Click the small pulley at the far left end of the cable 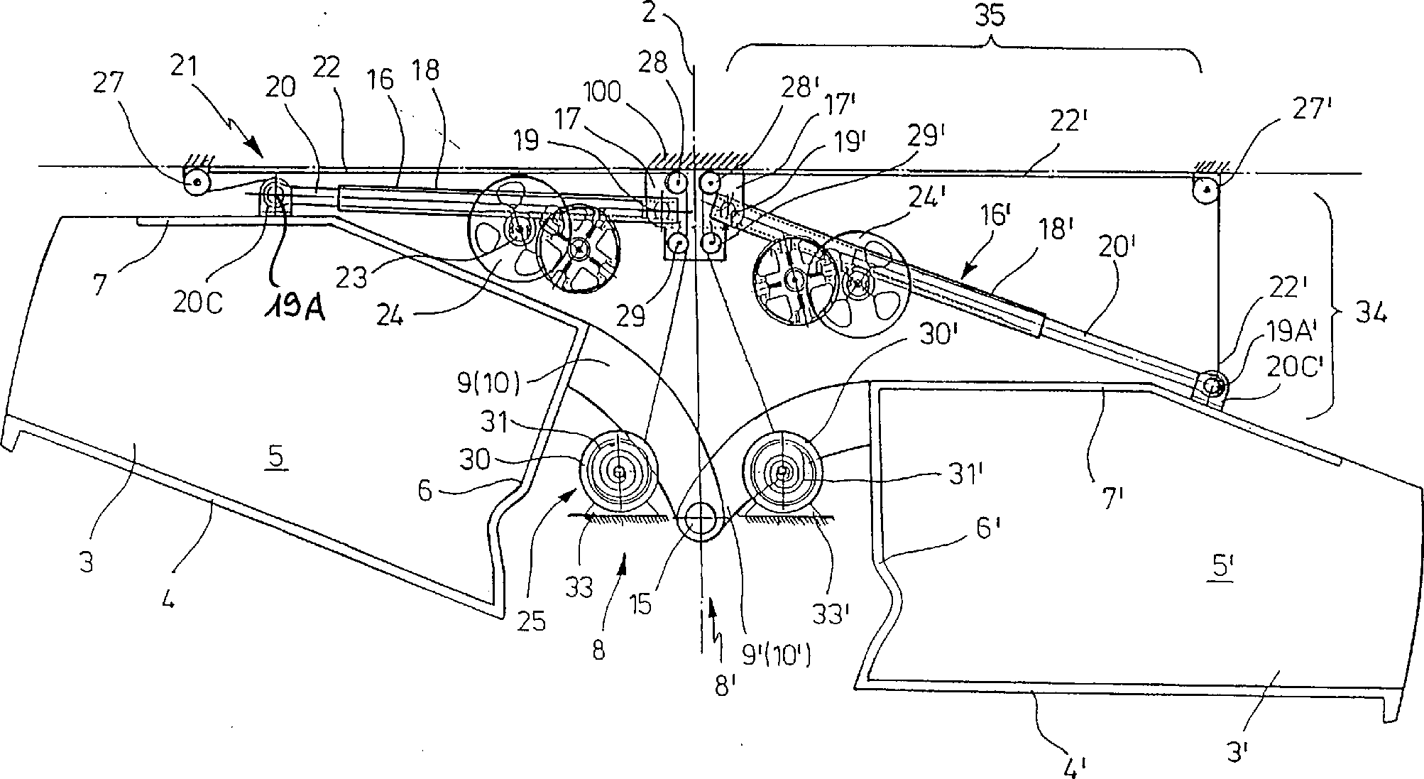point(197,185)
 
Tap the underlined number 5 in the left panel point(278,459)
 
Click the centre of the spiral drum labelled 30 point(619,472)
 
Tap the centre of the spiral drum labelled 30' point(782,471)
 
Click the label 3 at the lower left point(87,565)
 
